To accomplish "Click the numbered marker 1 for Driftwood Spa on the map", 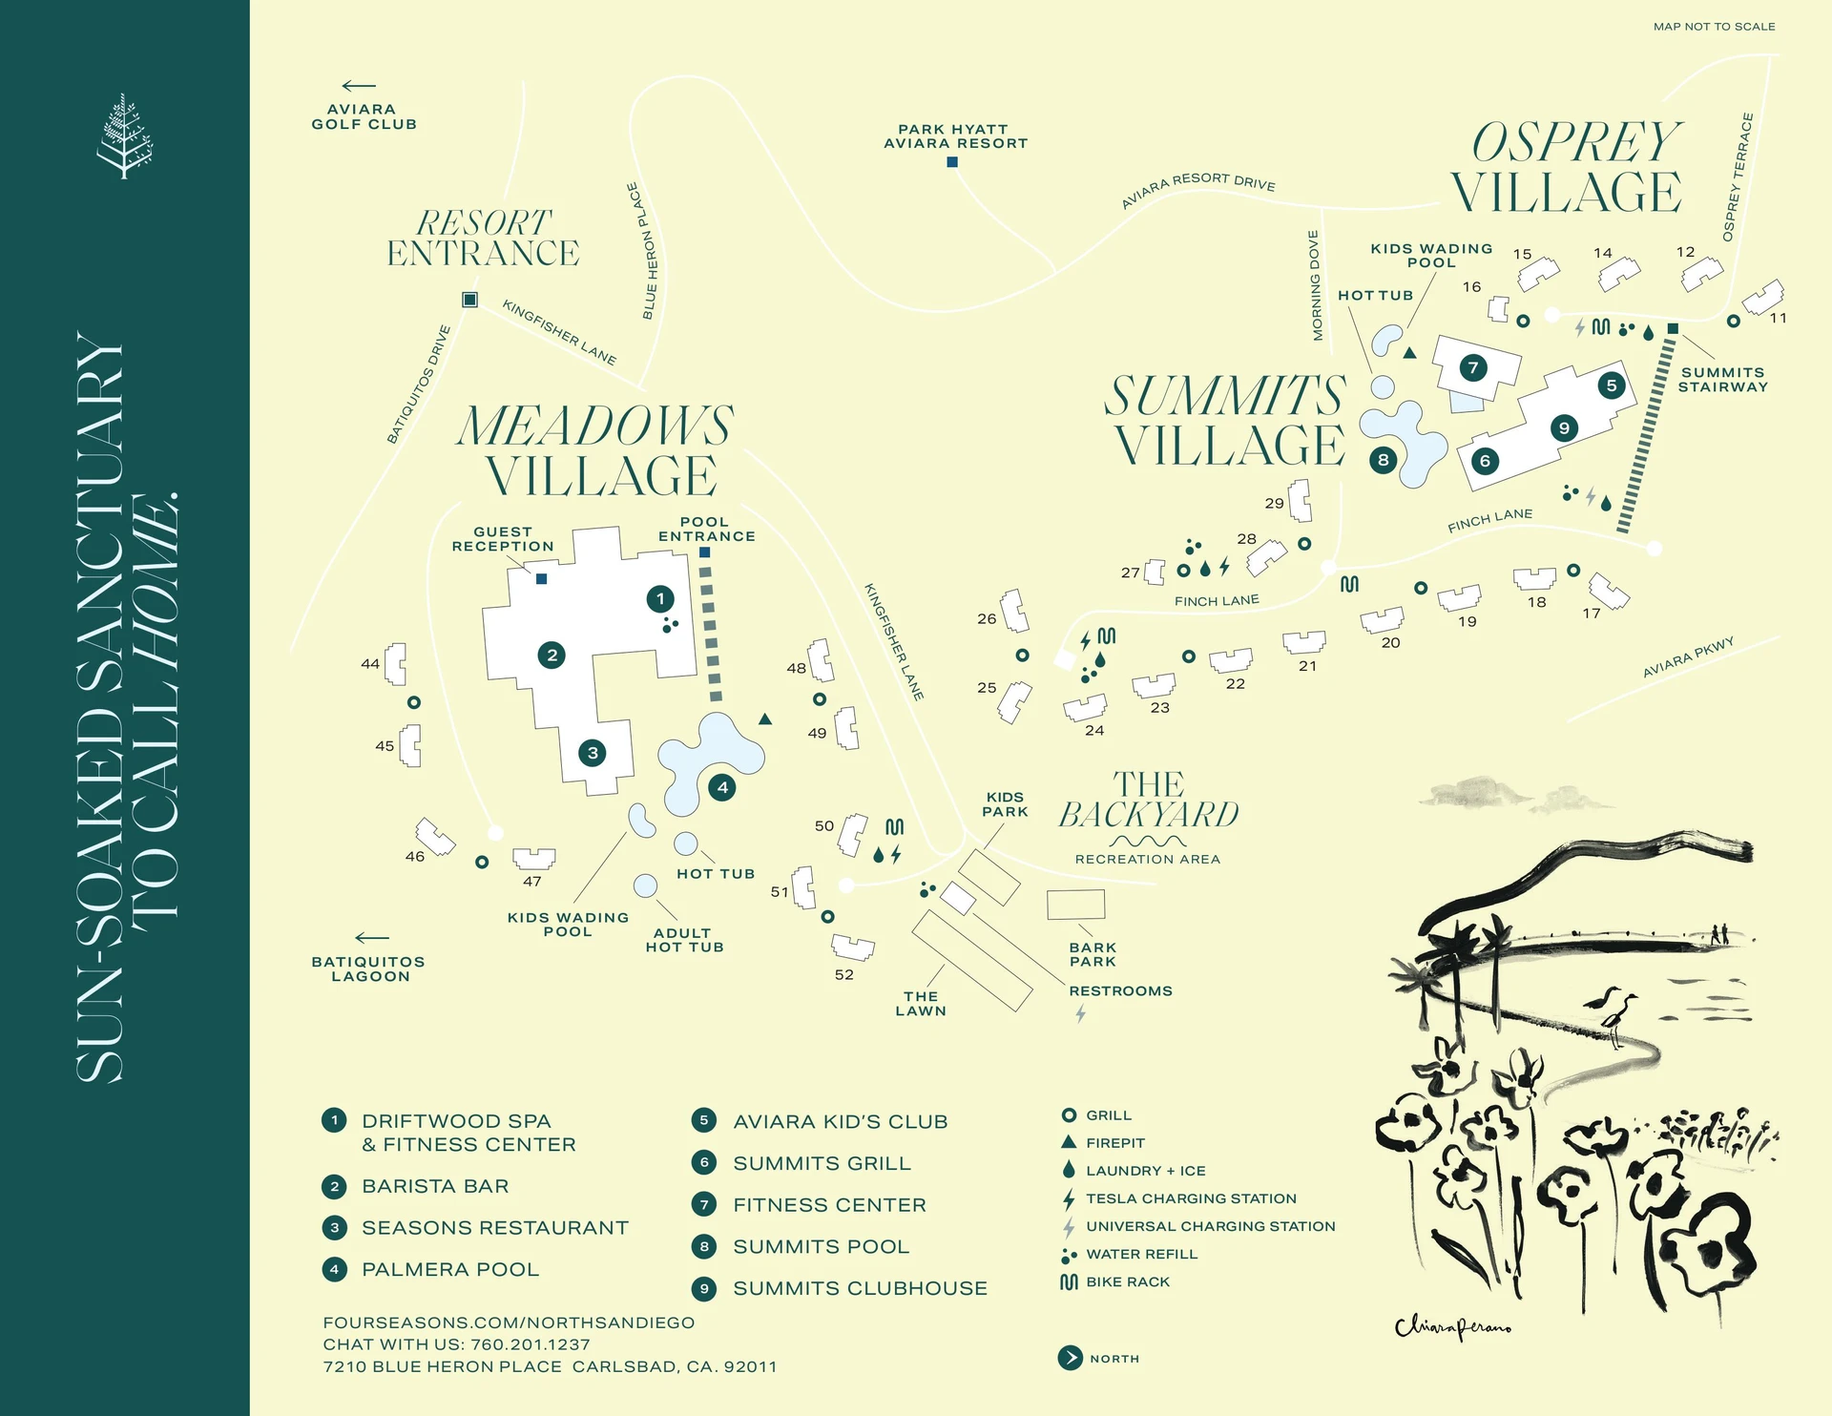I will tap(660, 599).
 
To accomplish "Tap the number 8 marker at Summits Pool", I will tap(1383, 460).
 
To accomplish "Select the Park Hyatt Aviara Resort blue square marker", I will tap(952, 162).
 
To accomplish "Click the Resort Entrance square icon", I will tap(469, 300).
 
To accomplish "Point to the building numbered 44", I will tap(395, 663).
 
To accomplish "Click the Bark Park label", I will tap(1093, 954).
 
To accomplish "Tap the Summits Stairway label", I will tap(1722, 380).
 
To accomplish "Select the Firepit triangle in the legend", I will tap(1069, 1142).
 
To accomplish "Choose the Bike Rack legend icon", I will tap(1069, 1281).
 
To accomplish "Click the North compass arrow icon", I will tap(1070, 1358).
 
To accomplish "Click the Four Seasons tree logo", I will tap(124, 135).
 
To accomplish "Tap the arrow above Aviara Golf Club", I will tap(359, 86).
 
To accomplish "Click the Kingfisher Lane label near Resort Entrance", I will tap(559, 332).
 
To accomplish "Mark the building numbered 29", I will tap(1300, 500).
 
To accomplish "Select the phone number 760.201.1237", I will tap(530, 1344).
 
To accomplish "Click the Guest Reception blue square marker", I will tap(541, 578).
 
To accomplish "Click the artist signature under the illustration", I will tap(1452, 1326).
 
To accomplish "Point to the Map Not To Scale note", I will tap(1714, 27).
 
